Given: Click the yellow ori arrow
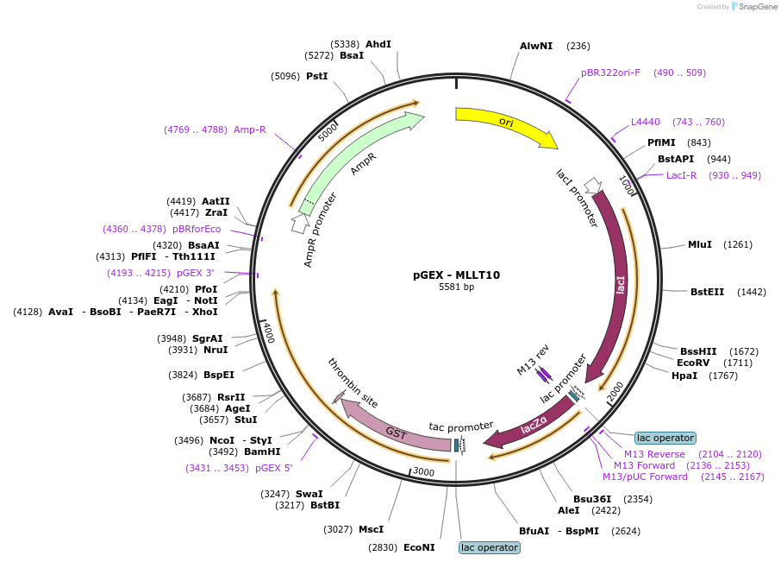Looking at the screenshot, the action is (505, 123).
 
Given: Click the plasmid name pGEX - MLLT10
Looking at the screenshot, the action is (456, 275).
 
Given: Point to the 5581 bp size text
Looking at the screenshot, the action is (456, 287).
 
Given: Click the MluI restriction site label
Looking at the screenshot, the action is (700, 244).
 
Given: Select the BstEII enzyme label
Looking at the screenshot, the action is (707, 292).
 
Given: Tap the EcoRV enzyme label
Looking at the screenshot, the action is (693, 363).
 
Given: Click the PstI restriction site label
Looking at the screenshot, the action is (316, 76).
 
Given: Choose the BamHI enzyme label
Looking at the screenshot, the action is (262, 451).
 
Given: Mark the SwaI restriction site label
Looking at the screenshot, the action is (309, 494).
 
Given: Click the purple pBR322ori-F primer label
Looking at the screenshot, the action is (610, 73).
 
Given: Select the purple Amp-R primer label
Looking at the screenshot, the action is (249, 129).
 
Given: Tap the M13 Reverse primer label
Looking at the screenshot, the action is (654, 454).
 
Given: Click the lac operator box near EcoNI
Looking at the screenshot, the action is (490, 547).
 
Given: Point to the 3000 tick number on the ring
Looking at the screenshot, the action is (424, 471).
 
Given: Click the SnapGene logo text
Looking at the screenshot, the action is (758, 7).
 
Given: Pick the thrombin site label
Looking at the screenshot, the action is (353, 382).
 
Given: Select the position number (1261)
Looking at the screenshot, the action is (738, 244).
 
